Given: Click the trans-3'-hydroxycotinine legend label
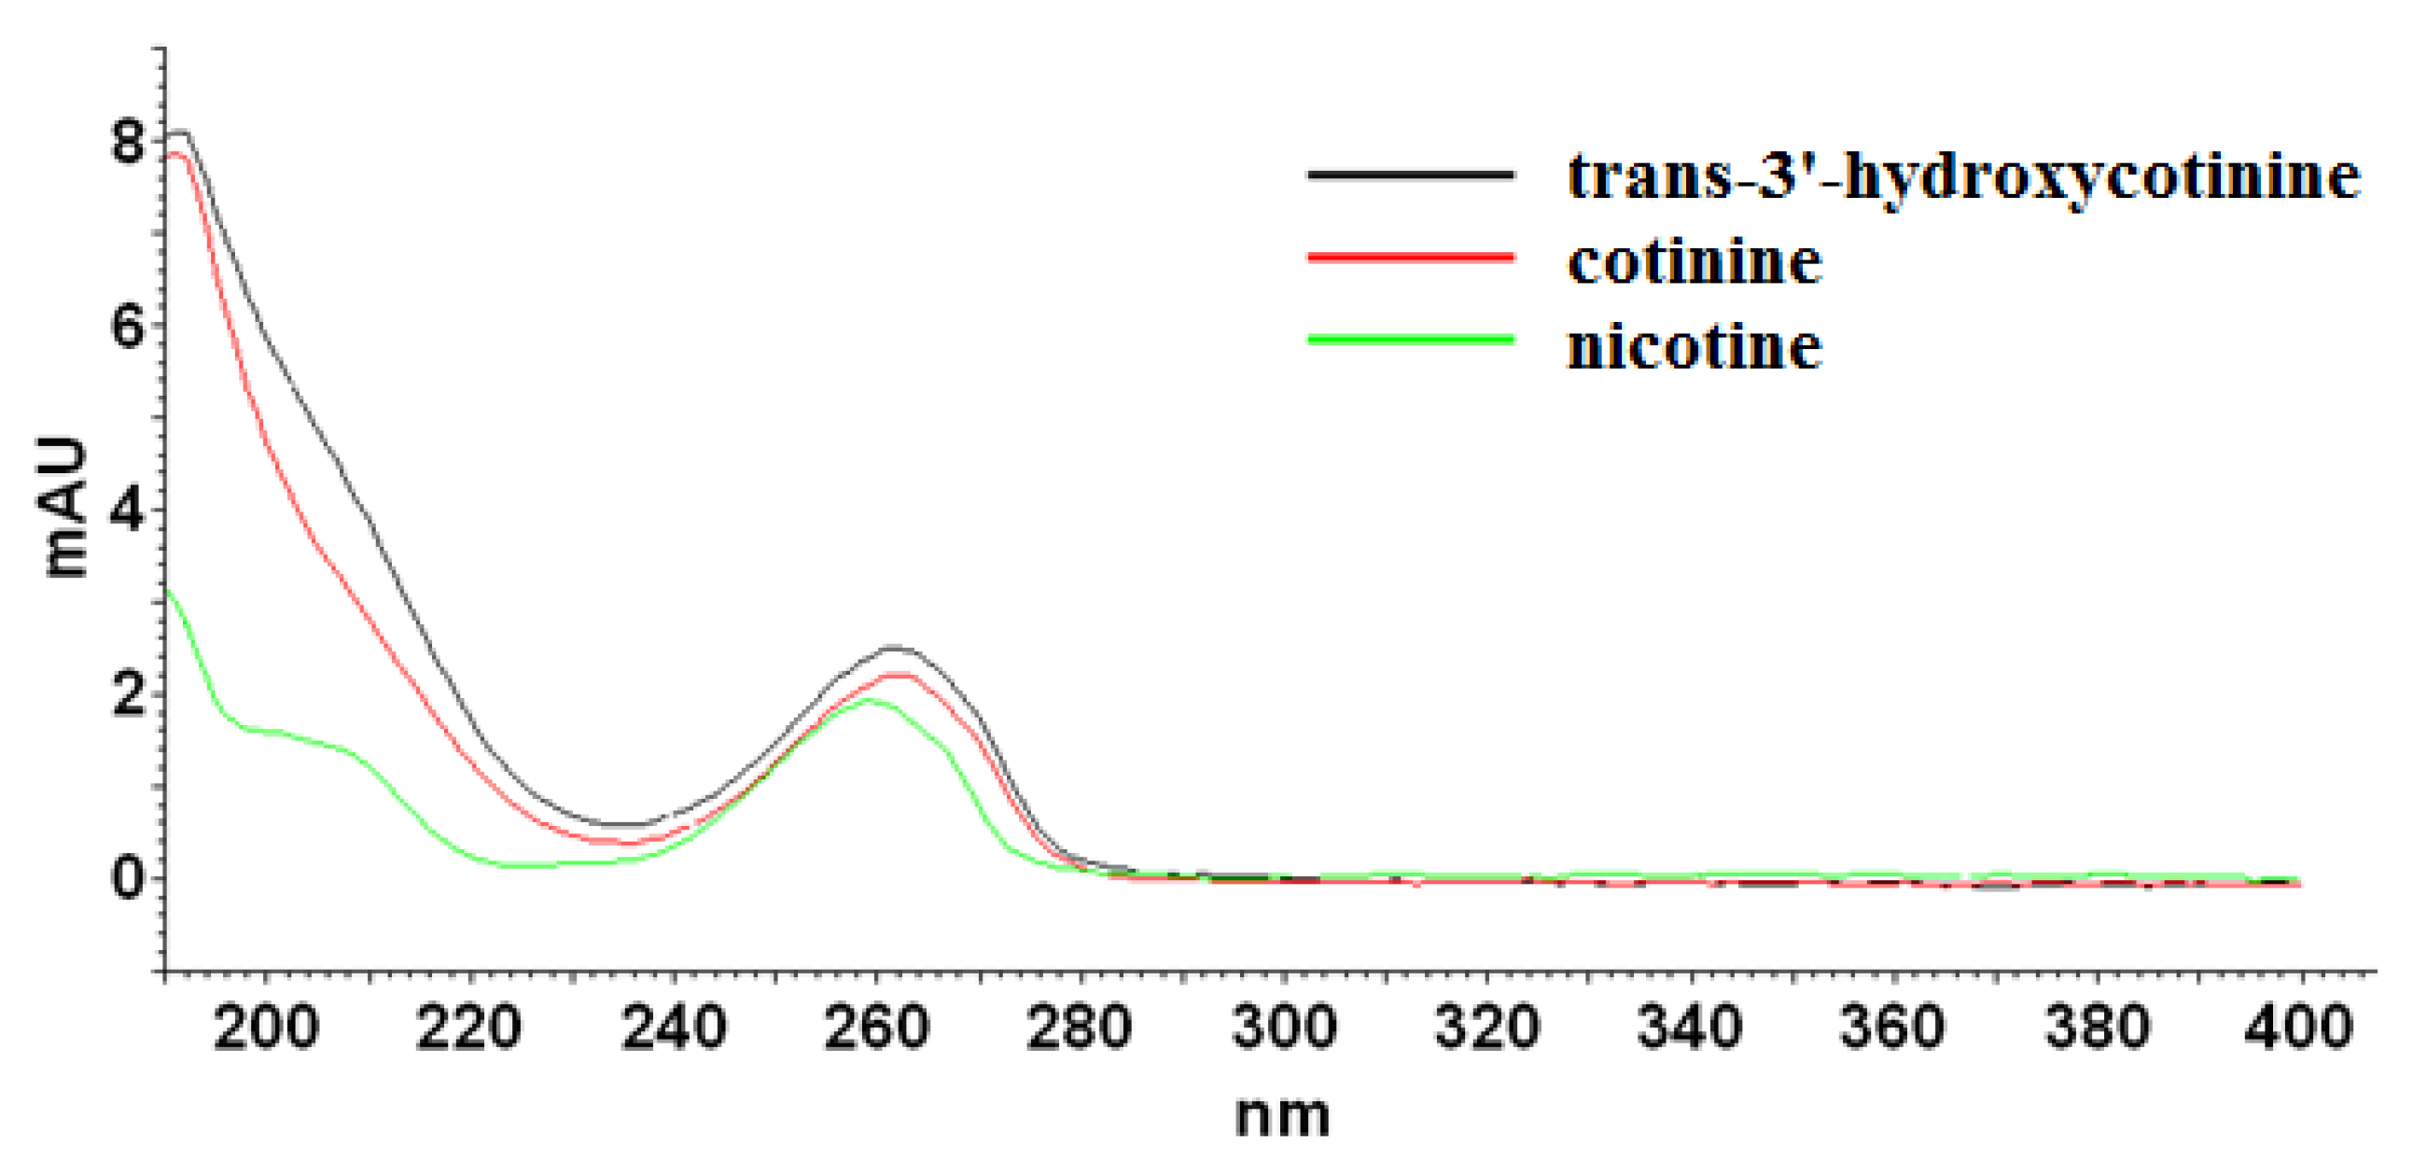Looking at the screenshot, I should click(1963, 177).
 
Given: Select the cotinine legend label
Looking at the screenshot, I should click(1695, 261).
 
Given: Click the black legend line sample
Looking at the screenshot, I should click(1411, 175).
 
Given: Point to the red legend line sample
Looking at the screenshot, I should click(1411, 257).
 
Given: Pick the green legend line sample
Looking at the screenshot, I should click(1411, 339).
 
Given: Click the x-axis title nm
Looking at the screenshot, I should click(1281, 1116).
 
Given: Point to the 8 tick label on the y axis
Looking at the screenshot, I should click(128, 144).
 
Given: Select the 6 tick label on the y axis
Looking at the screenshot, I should click(128, 327).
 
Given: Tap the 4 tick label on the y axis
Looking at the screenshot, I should click(128, 511).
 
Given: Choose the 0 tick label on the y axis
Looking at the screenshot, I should click(128, 879).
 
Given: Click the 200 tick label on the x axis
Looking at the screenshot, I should click(266, 1028).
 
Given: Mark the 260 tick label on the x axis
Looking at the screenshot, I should click(877, 1028).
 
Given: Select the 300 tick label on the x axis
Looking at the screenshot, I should click(1283, 1028).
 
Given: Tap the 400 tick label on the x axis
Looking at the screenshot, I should click(2299, 1028).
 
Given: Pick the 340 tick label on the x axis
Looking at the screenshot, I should click(1690, 1028).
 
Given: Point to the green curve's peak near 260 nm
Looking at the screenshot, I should click(868, 700).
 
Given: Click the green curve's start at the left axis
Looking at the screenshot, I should click(168, 591).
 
